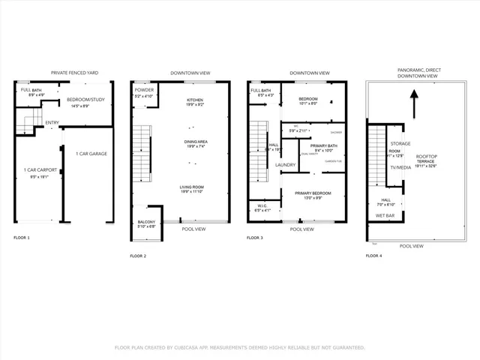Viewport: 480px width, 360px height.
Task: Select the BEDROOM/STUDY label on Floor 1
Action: click(x=84, y=99)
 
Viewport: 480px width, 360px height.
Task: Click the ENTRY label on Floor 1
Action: click(x=52, y=123)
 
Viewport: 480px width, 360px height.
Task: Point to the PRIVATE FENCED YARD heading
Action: click(x=74, y=73)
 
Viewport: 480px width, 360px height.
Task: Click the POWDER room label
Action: click(x=143, y=89)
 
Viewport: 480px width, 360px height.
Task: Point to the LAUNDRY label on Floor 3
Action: click(x=286, y=164)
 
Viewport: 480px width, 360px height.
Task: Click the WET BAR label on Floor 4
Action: click(x=385, y=215)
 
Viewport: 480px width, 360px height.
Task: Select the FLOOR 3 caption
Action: click(x=255, y=237)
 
